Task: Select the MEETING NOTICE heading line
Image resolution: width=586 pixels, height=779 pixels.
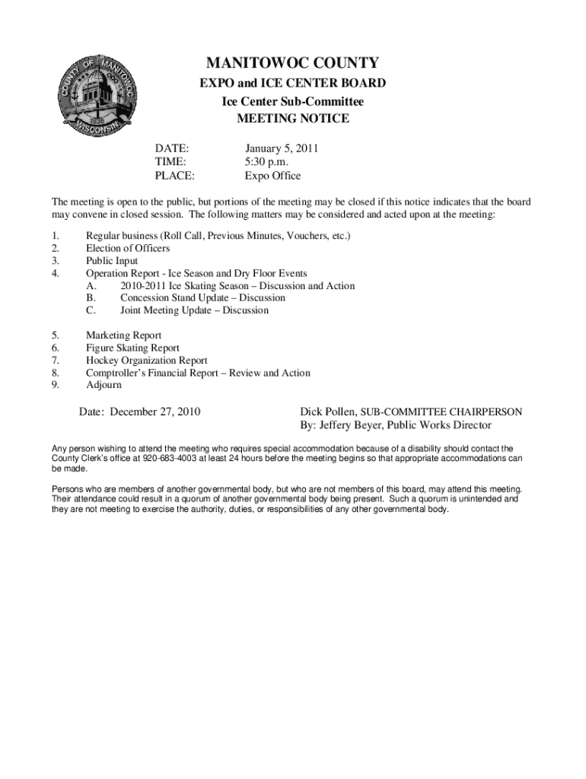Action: click(293, 119)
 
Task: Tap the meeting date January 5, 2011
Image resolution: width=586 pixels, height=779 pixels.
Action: click(281, 148)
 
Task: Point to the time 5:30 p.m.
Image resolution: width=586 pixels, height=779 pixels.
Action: click(266, 162)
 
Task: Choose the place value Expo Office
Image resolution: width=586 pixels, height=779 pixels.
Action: click(272, 176)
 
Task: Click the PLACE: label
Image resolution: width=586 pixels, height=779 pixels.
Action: click(174, 176)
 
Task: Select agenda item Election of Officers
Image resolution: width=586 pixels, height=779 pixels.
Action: click(128, 248)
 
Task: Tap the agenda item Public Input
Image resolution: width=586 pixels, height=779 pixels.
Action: click(112, 260)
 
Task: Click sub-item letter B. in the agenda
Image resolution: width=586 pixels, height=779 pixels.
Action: click(91, 297)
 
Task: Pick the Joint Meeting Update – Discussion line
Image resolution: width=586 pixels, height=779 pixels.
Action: click(194, 310)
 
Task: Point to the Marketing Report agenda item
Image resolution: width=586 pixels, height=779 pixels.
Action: click(123, 335)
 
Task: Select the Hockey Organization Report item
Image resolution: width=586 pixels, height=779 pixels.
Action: click(146, 360)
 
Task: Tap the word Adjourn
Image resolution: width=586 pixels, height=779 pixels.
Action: click(104, 385)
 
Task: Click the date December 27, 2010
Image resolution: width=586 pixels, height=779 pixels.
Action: click(155, 412)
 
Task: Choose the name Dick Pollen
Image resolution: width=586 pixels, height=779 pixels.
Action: click(328, 412)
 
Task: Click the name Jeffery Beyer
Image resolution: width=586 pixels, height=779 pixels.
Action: click(349, 425)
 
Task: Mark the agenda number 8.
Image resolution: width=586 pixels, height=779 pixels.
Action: click(55, 373)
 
